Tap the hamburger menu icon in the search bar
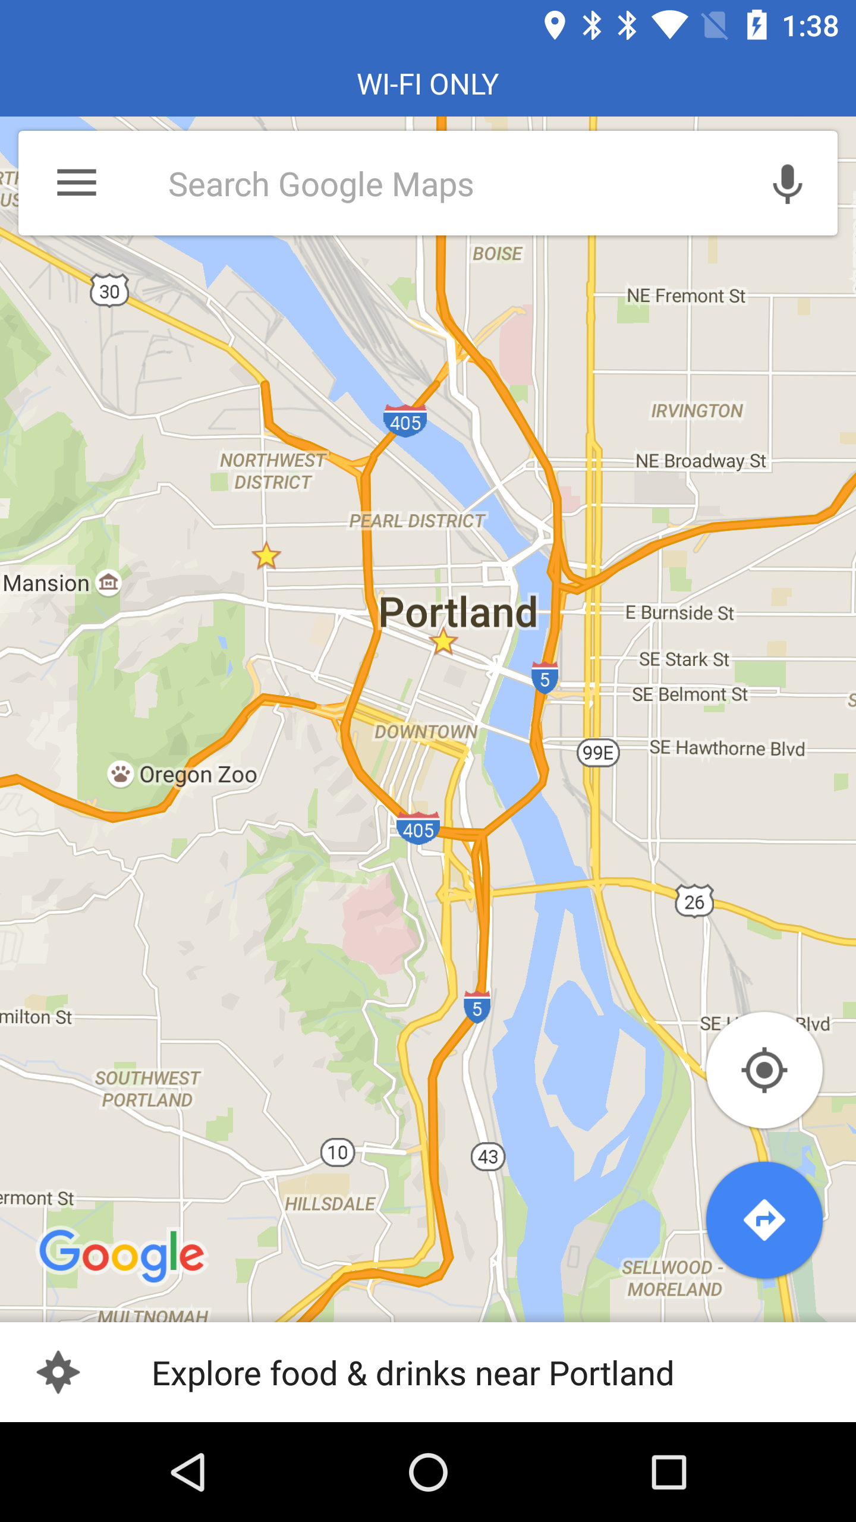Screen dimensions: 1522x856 [76, 183]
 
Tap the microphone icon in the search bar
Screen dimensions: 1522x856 [787, 184]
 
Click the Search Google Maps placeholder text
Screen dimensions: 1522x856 [321, 184]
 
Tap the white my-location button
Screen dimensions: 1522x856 [764, 1070]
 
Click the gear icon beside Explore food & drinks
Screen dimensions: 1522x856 [58, 1373]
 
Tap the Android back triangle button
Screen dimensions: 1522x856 [189, 1472]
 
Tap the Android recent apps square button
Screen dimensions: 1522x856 [669, 1472]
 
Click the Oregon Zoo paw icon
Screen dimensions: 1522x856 [120, 774]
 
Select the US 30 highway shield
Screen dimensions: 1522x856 [109, 291]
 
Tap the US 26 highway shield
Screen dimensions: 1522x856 [694, 901]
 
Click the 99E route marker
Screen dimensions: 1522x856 [598, 753]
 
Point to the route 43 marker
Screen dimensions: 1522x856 [488, 1156]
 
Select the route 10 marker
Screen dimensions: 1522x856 [338, 1153]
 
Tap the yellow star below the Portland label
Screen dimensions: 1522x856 [443, 642]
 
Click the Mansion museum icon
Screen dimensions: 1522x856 [109, 583]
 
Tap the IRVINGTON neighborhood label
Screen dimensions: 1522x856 [697, 411]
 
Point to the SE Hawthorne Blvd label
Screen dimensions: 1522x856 [727, 748]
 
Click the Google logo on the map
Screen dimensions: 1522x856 [122, 1254]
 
